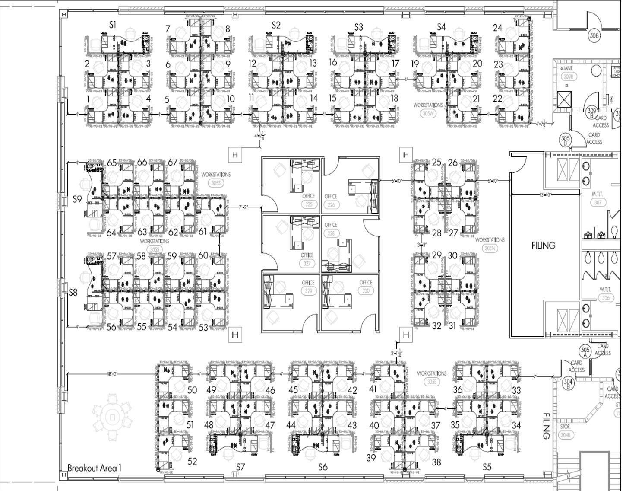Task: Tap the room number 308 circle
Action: [x=594, y=36]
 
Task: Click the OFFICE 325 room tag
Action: [x=308, y=200]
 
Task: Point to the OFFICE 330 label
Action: [x=366, y=287]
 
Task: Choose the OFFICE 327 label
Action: [x=307, y=259]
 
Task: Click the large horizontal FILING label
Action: [x=543, y=245]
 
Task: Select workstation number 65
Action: [x=112, y=163]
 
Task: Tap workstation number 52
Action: [x=192, y=461]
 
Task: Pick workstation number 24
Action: [x=497, y=28]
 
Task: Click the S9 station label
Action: [x=77, y=199]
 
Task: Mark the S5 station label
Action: [x=487, y=467]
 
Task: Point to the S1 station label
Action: [x=113, y=25]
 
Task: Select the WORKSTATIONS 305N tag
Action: [x=490, y=244]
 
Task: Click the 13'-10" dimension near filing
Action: [x=546, y=195]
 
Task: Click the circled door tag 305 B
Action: [x=565, y=140]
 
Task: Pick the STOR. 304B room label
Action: [x=566, y=431]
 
